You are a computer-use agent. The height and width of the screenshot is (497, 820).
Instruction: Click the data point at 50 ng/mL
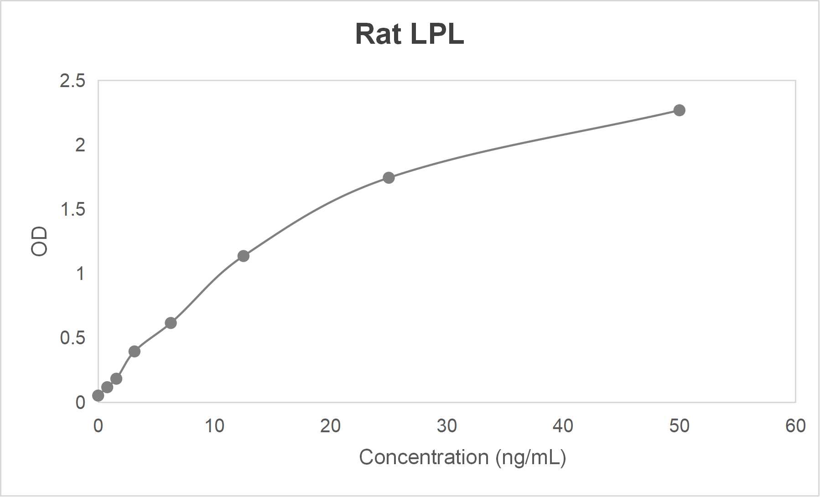tap(679, 110)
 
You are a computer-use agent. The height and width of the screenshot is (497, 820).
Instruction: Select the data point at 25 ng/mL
tap(389, 178)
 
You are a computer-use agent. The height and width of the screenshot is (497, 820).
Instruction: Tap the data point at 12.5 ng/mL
tap(244, 256)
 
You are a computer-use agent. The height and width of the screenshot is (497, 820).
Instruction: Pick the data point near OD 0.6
tap(171, 323)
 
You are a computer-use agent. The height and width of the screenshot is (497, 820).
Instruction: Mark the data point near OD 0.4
tap(134, 352)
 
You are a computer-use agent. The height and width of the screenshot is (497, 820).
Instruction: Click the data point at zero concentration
tap(98, 396)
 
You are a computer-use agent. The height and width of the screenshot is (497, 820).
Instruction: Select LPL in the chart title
tap(437, 34)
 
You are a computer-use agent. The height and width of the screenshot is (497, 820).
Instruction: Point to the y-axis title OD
tap(39, 241)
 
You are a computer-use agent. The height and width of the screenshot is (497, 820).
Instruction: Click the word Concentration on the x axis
tap(424, 457)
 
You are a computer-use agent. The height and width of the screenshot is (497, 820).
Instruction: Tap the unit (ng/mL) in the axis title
tap(531, 457)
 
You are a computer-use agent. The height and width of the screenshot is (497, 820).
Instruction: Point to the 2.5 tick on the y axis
tap(73, 81)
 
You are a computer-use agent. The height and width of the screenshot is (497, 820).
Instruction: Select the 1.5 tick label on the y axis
tap(73, 210)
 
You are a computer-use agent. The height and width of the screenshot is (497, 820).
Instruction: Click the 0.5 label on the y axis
tap(73, 338)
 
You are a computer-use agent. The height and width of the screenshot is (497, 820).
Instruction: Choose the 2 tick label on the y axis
tap(80, 145)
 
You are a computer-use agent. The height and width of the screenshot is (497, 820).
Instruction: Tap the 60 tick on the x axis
tap(795, 426)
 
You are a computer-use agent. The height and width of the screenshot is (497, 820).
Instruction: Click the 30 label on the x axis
tap(446, 426)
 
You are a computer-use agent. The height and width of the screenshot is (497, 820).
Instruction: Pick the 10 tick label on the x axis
tap(214, 426)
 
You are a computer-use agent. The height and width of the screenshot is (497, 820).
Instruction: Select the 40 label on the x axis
tap(563, 426)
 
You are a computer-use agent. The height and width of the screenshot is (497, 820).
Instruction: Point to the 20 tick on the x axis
tap(330, 426)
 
